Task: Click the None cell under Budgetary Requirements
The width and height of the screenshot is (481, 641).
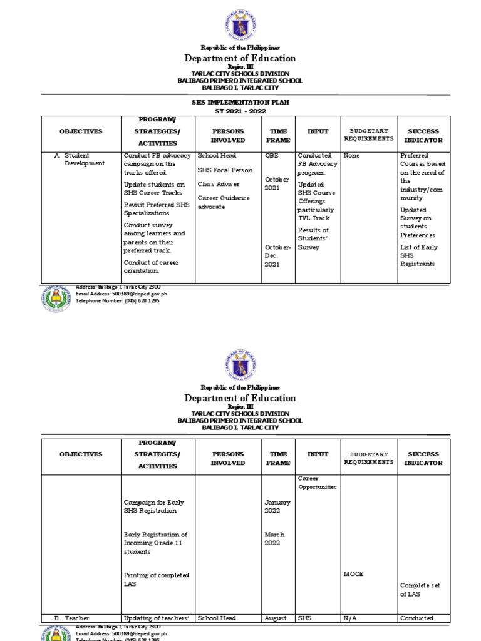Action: click(x=351, y=155)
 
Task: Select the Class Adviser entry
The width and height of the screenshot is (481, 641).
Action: click(x=219, y=184)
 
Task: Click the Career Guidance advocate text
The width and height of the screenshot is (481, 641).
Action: click(x=224, y=202)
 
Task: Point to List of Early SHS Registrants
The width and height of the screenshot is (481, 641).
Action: click(x=419, y=255)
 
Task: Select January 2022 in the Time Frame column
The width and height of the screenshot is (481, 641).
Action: click(x=277, y=506)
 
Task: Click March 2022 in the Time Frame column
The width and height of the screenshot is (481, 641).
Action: click(x=274, y=538)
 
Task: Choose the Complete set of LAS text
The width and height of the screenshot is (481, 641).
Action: click(x=420, y=590)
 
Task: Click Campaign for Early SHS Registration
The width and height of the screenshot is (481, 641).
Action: click(x=154, y=506)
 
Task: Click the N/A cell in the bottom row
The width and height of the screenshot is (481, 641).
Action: click(x=350, y=618)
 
